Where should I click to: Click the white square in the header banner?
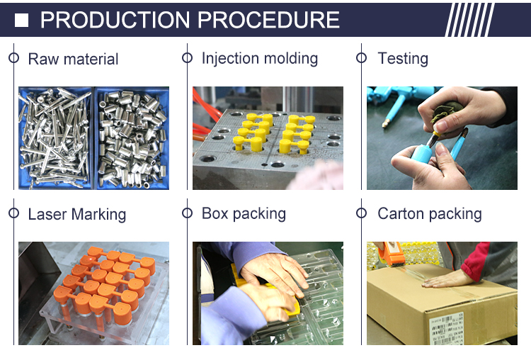pyautogui.click(x=21, y=21)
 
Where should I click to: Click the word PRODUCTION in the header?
pyautogui.click(x=115, y=20)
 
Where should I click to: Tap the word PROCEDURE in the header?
pyautogui.click(x=268, y=20)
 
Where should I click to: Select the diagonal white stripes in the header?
pyautogui.click(x=469, y=20)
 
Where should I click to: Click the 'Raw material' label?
pyautogui.click(x=73, y=59)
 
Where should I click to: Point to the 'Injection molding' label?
pyautogui.click(x=260, y=58)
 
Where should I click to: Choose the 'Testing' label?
pyautogui.click(x=403, y=58)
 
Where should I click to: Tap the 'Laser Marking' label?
pyautogui.click(x=77, y=214)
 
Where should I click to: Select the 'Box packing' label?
pyautogui.click(x=244, y=214)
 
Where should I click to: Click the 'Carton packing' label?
pyautogui.click(x=430, y=214)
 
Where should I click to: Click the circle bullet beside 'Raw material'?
pyautogui.click(x=14, y=58)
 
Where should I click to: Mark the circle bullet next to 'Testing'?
pyautogui.click(x=361, y=58)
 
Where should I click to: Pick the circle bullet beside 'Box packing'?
pyautogui.click(x=188, y=213)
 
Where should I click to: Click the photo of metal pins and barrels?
pyautogui.click(x=93, y=138)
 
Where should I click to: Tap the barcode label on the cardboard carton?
pyautogui.click(x=446, y=328)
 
